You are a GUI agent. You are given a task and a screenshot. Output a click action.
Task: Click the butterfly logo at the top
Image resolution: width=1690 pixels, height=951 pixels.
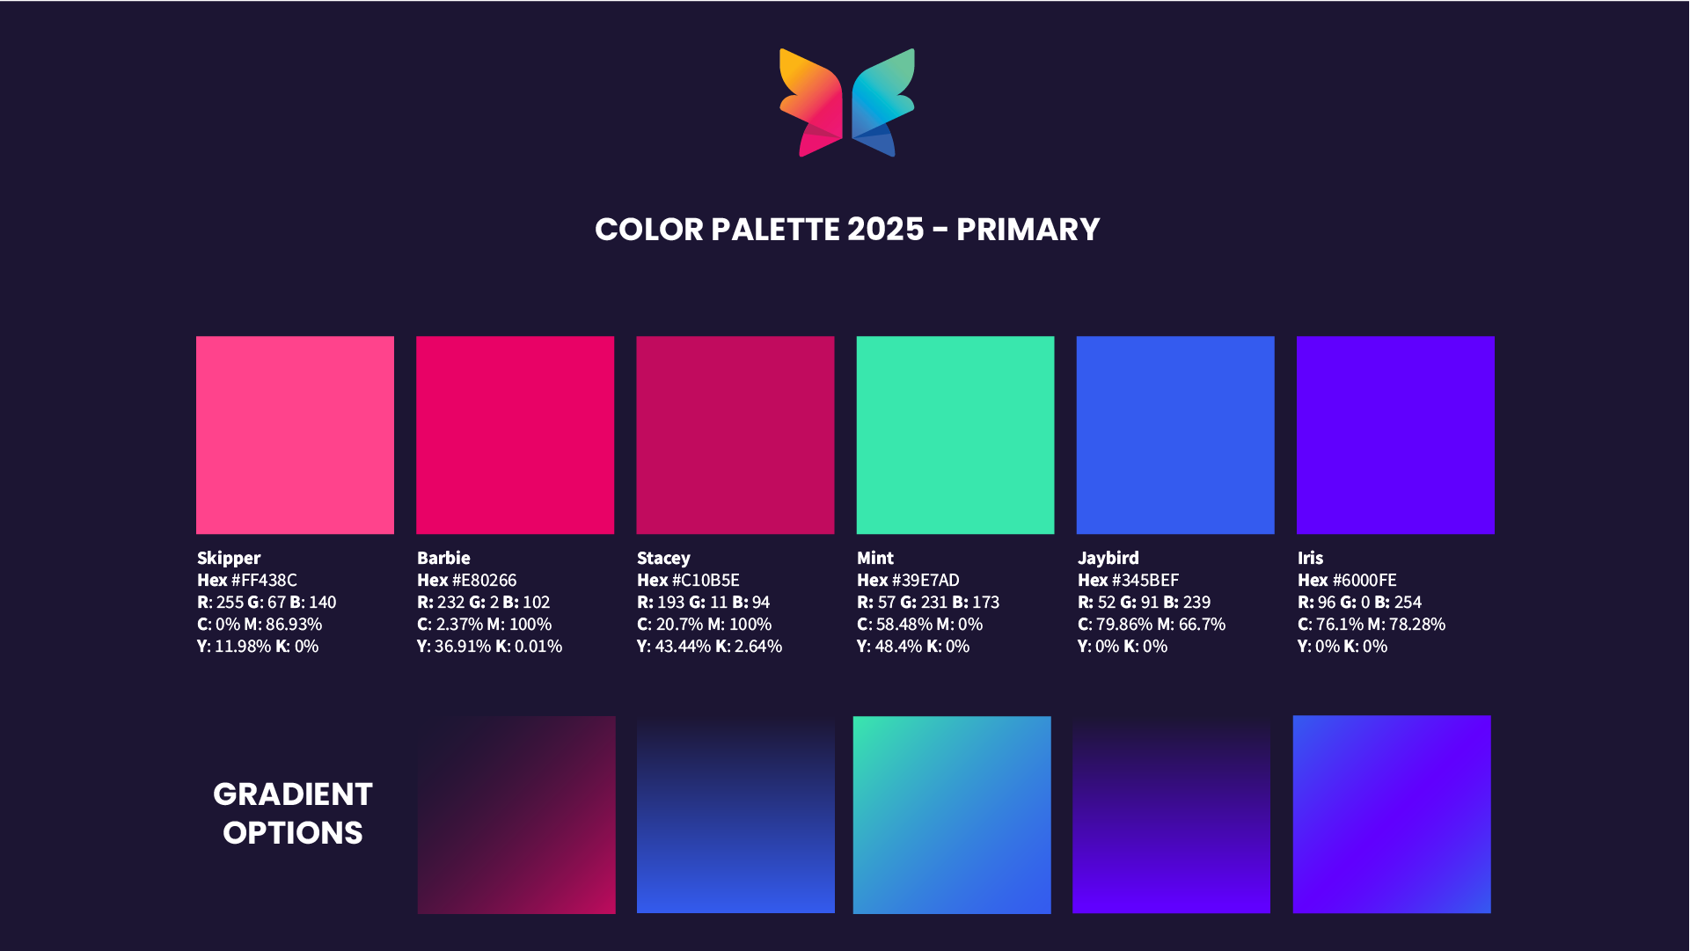(847, 103)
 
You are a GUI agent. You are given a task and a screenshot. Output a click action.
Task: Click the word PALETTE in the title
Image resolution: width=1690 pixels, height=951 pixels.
(775, 230)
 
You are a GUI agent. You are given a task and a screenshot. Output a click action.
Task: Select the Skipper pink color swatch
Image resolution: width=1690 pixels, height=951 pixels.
(295, 435)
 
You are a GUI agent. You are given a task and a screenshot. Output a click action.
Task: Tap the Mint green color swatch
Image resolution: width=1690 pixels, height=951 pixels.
(955, 435)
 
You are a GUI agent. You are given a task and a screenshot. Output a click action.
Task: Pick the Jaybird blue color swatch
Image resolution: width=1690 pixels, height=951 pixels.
(1175, 435)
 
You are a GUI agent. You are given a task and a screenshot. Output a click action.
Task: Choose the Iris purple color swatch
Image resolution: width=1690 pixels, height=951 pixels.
(1395, 435)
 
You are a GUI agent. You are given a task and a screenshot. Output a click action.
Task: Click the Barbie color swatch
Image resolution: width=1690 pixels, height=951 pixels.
(515, 435)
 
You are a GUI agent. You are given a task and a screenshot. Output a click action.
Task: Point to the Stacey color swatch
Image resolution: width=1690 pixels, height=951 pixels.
(735, 435)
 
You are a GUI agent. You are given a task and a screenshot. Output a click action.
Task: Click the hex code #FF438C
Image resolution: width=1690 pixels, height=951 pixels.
(264, 581)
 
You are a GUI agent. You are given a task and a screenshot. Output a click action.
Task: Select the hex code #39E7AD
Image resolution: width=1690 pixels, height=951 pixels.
(925, 581)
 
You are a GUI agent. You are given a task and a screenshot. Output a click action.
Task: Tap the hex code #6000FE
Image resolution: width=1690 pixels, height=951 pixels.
(1364, 581)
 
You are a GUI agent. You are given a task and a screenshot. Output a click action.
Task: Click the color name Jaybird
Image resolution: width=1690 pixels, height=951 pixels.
(1108, 558)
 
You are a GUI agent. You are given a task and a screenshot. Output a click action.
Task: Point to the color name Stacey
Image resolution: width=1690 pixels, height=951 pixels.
(663, 558)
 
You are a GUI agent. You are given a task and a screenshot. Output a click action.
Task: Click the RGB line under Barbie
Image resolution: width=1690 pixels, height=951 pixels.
(483, 603)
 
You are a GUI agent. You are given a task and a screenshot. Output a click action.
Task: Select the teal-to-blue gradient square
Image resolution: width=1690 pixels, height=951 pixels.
(952, 815)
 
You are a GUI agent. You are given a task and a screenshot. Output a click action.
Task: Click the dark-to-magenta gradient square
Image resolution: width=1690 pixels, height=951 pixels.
(516, 815)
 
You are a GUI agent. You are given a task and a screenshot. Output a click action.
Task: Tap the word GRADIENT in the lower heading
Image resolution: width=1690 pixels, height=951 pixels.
(293, 794)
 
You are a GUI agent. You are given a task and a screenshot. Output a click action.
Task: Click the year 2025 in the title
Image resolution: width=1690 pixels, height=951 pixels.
(886, 230)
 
